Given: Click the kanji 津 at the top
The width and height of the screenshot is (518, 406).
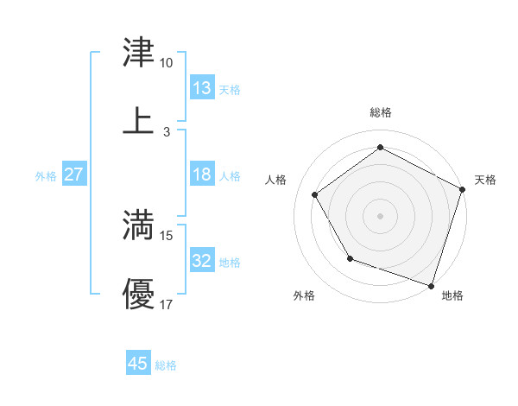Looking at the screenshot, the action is click(x=139, y=54).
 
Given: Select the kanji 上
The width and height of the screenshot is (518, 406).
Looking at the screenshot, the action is click(x=139, y=121).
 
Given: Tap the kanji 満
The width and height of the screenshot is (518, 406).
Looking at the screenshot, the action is click(x=139, y=226).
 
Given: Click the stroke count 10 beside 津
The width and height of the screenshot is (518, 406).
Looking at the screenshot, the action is click(x=166, y=63).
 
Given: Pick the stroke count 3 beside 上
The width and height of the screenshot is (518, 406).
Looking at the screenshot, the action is click(x=166, y=131).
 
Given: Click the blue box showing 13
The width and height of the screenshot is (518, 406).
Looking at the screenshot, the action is click(x=202, y=88).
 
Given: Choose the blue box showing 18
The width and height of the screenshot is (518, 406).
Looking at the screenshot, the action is click(x=202, y=174).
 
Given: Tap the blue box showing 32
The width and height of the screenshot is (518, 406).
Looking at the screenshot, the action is click(x=202, y=261).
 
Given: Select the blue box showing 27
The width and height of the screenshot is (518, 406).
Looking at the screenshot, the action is click(x=74, y=174).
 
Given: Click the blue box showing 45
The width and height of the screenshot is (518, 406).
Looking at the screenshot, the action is click(x=138, y=364).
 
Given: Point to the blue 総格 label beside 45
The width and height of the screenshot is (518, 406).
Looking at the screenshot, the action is click(x=166, y=365).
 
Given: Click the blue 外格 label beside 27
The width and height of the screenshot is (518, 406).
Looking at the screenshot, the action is click(x=46, y=176).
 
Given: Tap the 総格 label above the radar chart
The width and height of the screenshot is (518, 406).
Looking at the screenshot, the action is click(x=380, y=112).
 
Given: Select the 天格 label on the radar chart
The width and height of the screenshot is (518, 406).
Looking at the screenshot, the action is click(x=485, y=180).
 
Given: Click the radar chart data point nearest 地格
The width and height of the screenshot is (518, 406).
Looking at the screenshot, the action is click(x=431, y=285).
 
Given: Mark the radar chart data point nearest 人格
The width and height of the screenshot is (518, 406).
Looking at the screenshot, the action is click(x=315, y=194).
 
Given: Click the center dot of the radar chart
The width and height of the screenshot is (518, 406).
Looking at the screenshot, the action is click(x=380, y=215).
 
